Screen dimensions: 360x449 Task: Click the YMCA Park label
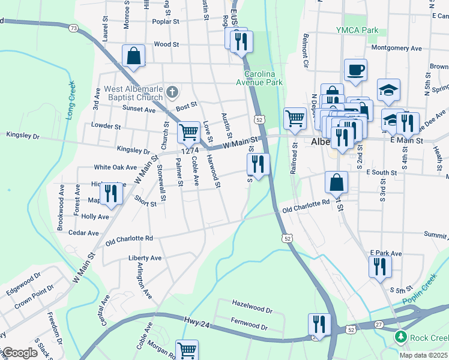tap(358, 30)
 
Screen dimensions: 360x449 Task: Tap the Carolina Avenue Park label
tap(259, 77)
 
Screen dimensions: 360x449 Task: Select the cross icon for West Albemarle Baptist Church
tap(172, 92)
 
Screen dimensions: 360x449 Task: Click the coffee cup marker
tap(355, 69)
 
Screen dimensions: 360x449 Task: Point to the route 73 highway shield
tap(73, 28)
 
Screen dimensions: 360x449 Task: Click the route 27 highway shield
tap(379, 325)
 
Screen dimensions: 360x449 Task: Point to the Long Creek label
tap(70, 100)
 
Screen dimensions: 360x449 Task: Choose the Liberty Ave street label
tap(145, 258)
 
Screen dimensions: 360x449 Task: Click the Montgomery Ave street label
tap(396, 48)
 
